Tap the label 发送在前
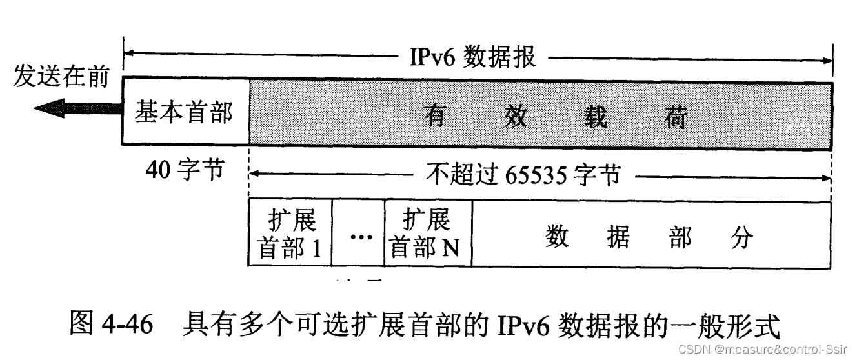61,77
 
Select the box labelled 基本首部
184,112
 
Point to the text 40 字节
185,172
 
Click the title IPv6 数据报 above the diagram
473,57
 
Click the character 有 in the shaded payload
436,117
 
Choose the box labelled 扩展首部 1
290,234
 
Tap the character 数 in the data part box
556,237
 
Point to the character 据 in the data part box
618,237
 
